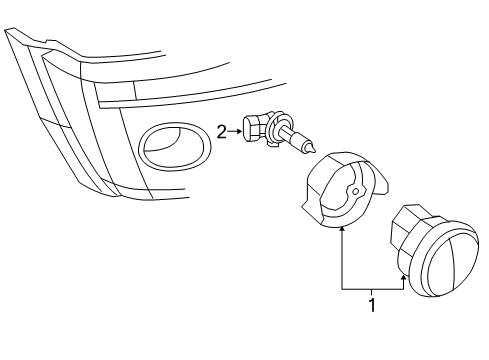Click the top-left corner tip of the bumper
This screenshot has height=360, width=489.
[6, 30]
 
